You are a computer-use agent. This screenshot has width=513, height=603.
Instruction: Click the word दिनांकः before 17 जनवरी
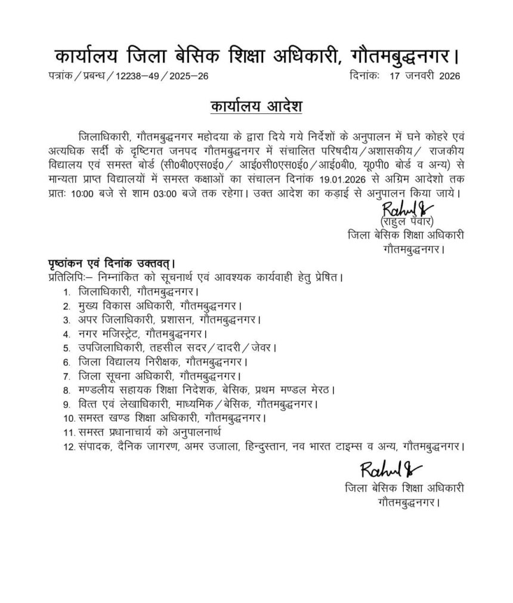coord(366,76)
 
